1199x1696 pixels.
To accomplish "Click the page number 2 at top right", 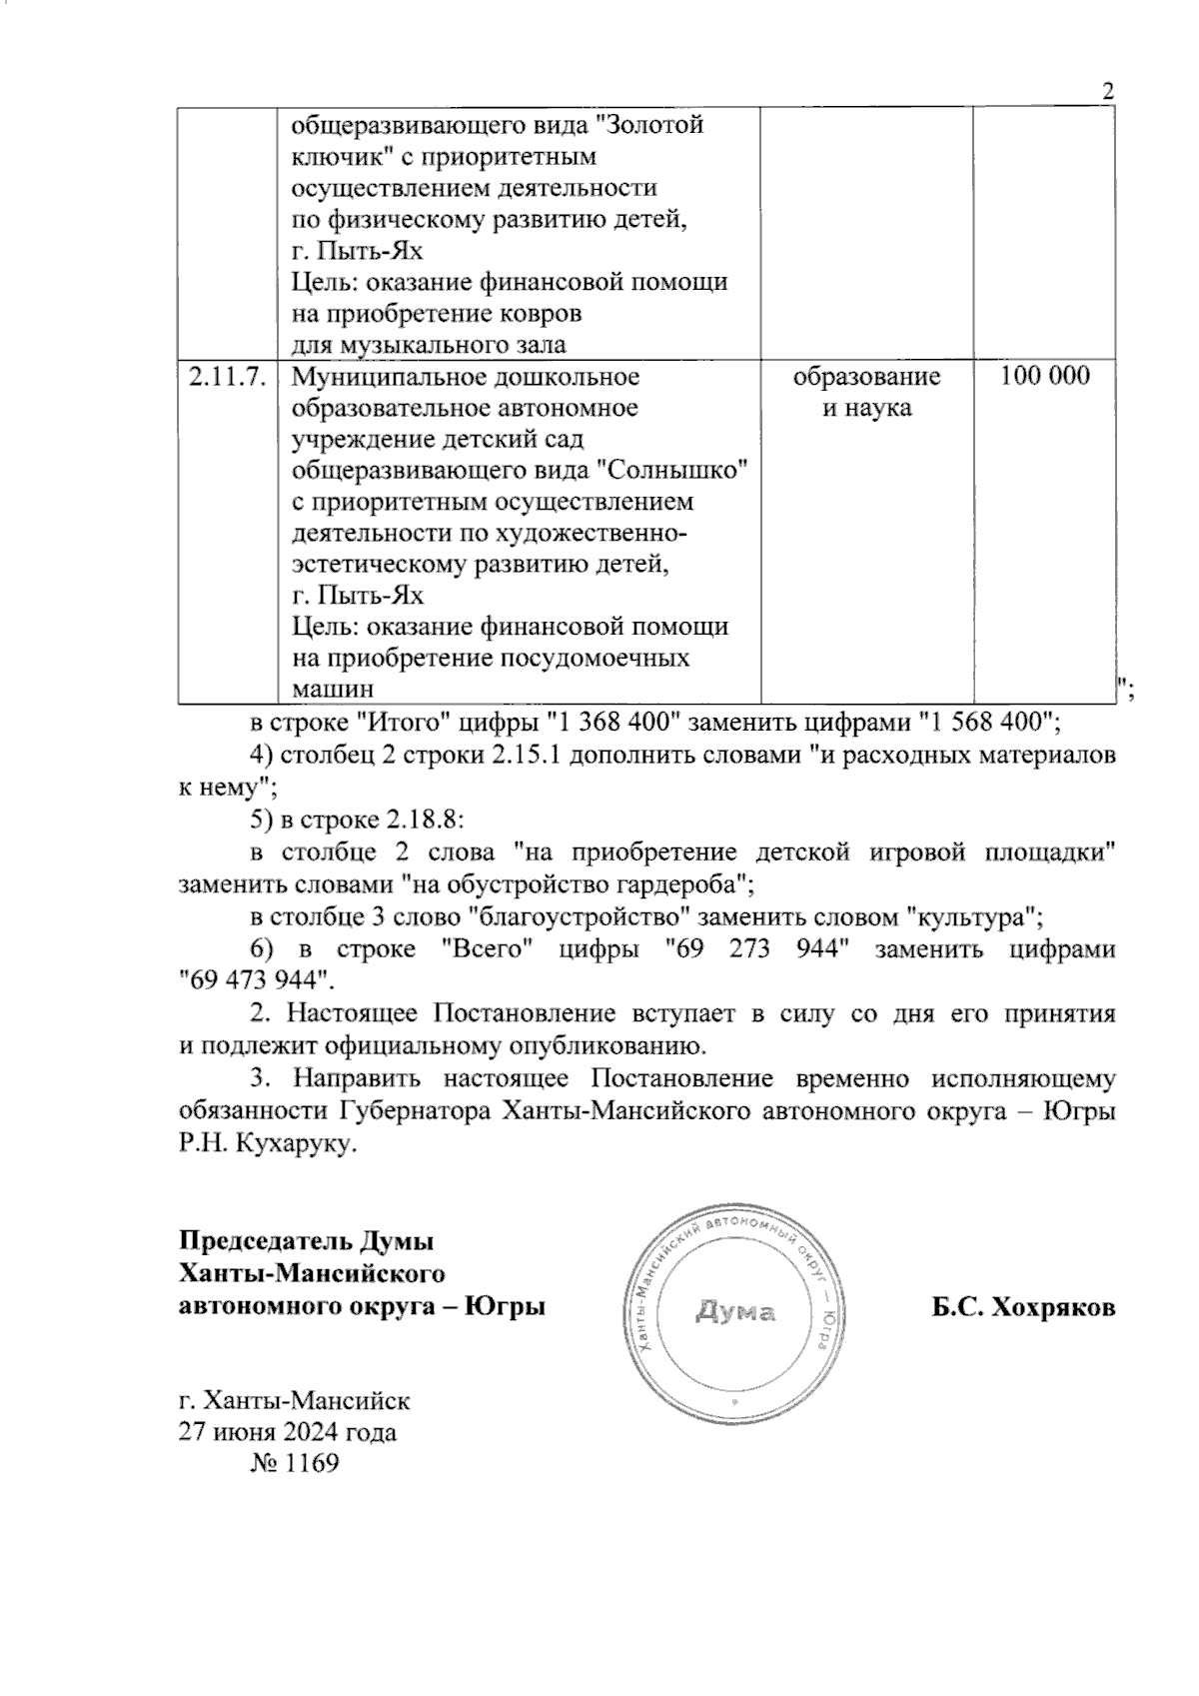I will click(x=1107, y=91).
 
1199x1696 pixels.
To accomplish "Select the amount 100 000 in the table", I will click(x=1044, y=377).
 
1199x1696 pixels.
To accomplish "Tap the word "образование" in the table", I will click(x=866, y=377).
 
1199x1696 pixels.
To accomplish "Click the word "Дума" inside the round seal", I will click(x=735, y=1311).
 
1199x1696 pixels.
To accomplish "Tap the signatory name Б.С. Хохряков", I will click(x=1024, y=1307).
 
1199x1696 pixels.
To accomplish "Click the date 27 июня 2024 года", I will click(x=287, y=1432).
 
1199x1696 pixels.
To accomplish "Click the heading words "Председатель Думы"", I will click(x=307, y=1242).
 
